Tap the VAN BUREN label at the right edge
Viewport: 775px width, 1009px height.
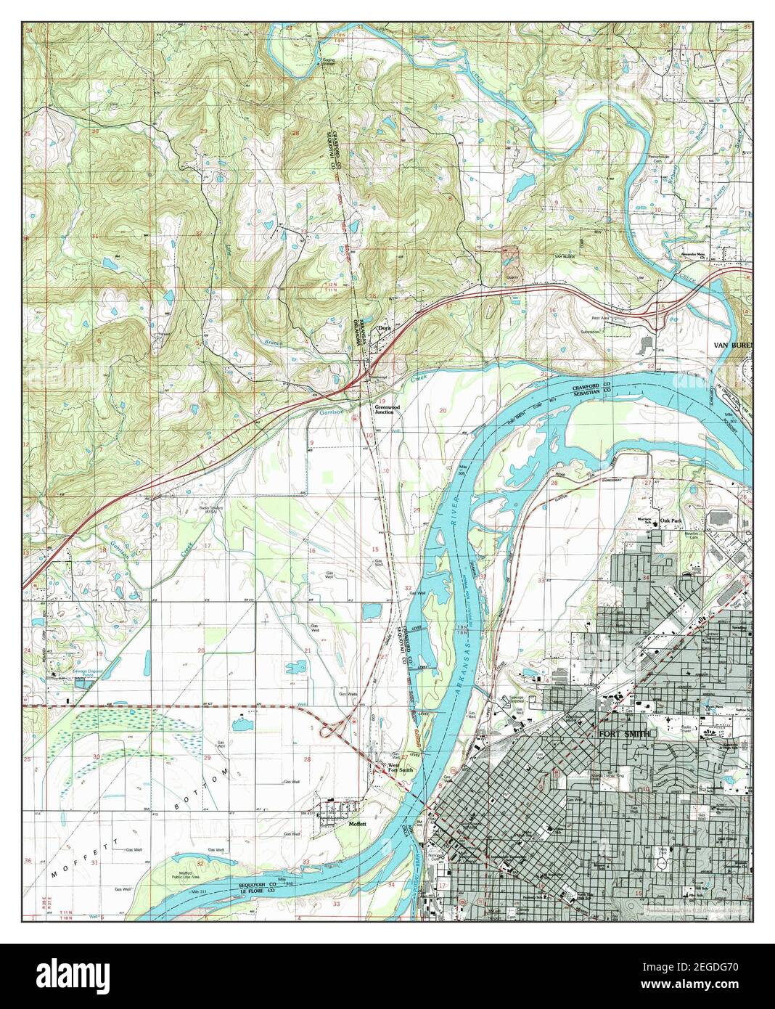coord(731,345)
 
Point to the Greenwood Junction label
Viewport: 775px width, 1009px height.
coord(384,409)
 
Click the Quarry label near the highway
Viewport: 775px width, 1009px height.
coord(512,277)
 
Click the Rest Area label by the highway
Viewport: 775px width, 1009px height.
coord(599,317)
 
